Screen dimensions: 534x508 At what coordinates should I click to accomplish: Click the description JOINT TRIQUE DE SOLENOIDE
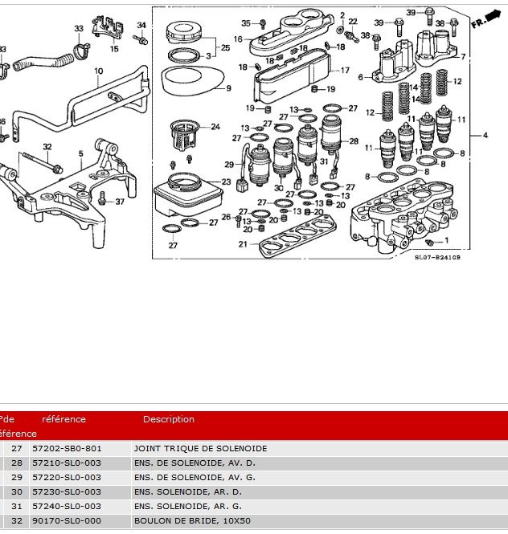pos(200,449)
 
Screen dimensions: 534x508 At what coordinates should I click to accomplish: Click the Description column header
pos(168,419)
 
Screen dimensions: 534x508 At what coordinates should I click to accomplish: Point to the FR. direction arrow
pos(481,19)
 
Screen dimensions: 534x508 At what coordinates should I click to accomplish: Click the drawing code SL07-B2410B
pos(437,258)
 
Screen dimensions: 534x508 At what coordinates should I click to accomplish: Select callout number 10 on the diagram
pos(99,71)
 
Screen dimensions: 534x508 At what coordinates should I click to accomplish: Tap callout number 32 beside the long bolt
pos(47,146)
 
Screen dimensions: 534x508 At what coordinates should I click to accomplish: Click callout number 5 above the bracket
pos(80,153)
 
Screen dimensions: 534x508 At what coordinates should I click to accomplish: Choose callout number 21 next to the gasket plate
pos(243,244)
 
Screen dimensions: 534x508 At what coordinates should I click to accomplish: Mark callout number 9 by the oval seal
pos(228,88)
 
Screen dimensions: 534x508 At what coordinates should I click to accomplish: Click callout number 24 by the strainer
pos(215,127)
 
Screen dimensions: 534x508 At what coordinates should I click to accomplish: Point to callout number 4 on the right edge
pos(485,135)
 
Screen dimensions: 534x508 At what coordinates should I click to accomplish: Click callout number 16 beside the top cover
pos(238,39)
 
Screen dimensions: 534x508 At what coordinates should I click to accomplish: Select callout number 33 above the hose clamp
pos(79,29)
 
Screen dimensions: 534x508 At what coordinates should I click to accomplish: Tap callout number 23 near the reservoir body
pos(226,182)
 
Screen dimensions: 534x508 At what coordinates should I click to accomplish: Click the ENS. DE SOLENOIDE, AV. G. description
pos(184,478)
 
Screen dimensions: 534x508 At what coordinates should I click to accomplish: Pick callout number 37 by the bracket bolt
pos(120,202)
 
